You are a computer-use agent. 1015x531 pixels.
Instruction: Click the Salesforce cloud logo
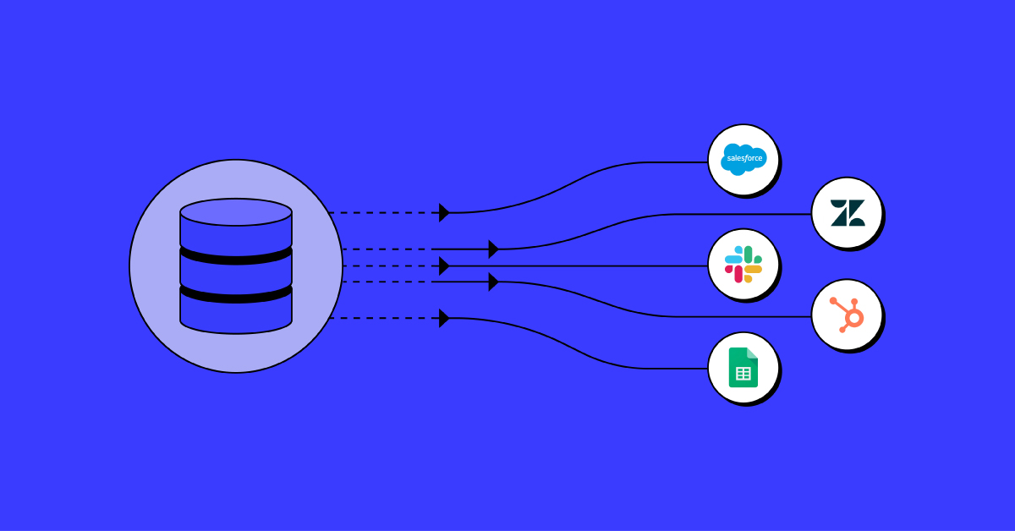[x=743, y=158]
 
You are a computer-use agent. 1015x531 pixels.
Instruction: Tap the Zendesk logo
[x=847, y=213]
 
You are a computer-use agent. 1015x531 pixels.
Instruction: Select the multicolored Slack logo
[x=743, y=264]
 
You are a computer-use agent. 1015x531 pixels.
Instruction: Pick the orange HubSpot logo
[x=847, y=315]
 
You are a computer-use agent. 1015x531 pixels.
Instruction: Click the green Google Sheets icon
[x=743, y=367]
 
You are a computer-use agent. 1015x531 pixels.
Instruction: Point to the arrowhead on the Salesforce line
[x=444, y=212]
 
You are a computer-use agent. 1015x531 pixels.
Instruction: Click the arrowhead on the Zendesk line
[x=493, y=249]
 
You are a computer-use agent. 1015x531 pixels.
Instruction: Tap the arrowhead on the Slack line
[x=444, y=265]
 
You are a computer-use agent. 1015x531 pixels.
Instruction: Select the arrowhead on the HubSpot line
[x=493, y=282]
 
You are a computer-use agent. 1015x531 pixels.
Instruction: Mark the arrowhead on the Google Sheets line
[x=444, y=318]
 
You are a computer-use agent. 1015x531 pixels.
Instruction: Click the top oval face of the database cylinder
[x=236, y=211]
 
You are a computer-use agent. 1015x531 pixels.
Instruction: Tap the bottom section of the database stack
[x=236, y=310]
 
